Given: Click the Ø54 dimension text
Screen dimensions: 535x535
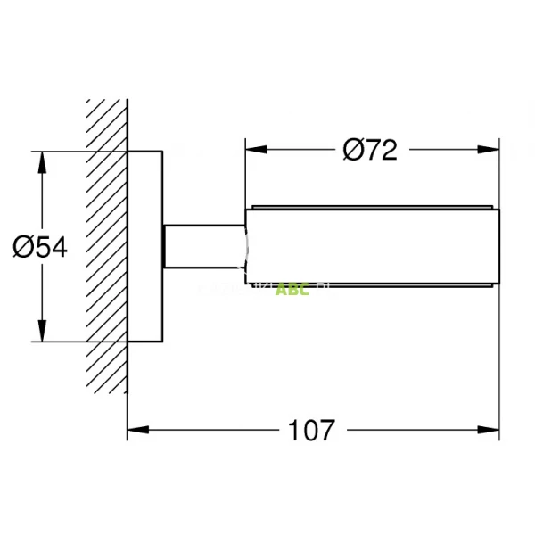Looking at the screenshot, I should point(40,246).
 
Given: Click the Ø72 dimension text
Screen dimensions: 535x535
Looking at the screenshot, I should point(369,151).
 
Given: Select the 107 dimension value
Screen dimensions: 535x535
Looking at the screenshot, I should point(311,431).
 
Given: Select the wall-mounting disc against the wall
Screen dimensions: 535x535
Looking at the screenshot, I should point(145,246).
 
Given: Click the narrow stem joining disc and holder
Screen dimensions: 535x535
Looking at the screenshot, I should point(203,246).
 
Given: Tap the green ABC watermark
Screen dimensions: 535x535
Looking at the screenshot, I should point(292,289).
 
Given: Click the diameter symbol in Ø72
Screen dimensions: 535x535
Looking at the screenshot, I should point(351,151).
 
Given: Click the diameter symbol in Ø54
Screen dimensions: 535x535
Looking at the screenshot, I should point(22,246).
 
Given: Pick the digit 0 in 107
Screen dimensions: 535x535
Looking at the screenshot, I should point(311,431).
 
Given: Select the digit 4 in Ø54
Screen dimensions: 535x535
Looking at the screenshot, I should point(58,246).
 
